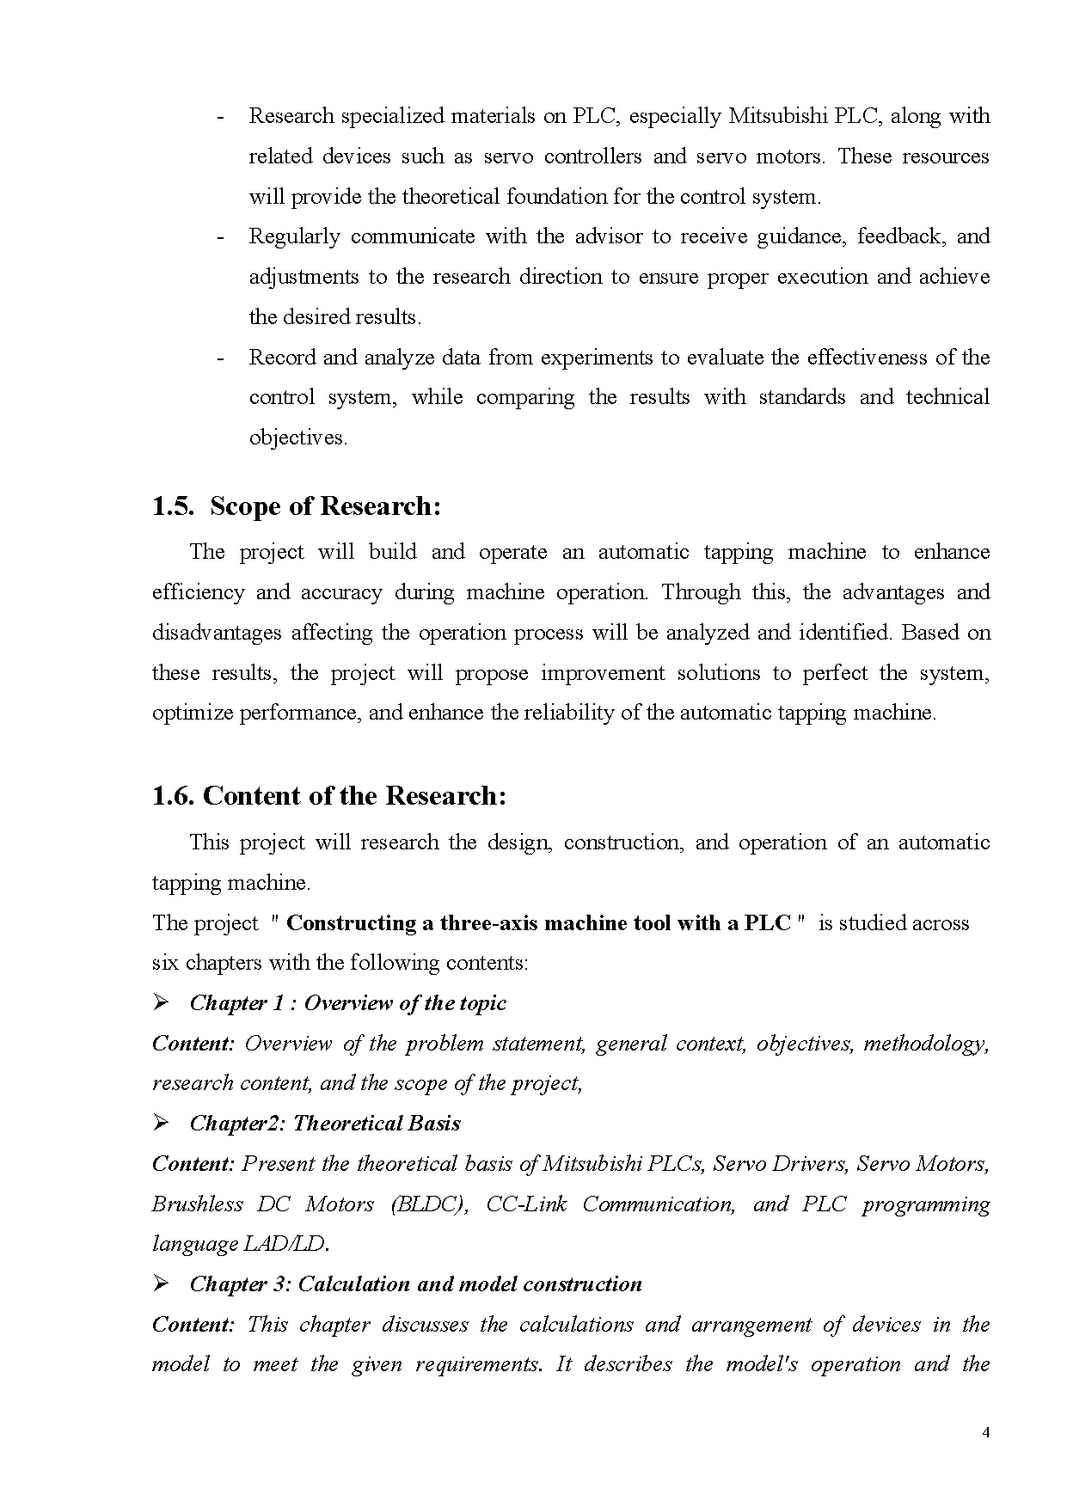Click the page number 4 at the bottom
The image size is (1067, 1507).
[x=985, y=1432]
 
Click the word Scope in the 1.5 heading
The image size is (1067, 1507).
[x=245, y=506]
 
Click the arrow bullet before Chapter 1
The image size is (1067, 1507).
[x=160, y=1003]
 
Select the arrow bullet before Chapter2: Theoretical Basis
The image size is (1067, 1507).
[x=160, y=1124]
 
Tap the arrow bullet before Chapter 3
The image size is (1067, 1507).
[x=160, y=1284]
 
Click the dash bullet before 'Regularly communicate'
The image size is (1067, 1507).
[x=221, y=236]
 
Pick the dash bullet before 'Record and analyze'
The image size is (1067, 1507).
[x=221, y=358]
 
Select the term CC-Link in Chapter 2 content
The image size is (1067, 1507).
[x=526, y=1204]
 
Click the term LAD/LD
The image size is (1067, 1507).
[x=285, y=1244]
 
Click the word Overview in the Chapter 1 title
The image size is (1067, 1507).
[x=344, y=1003]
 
